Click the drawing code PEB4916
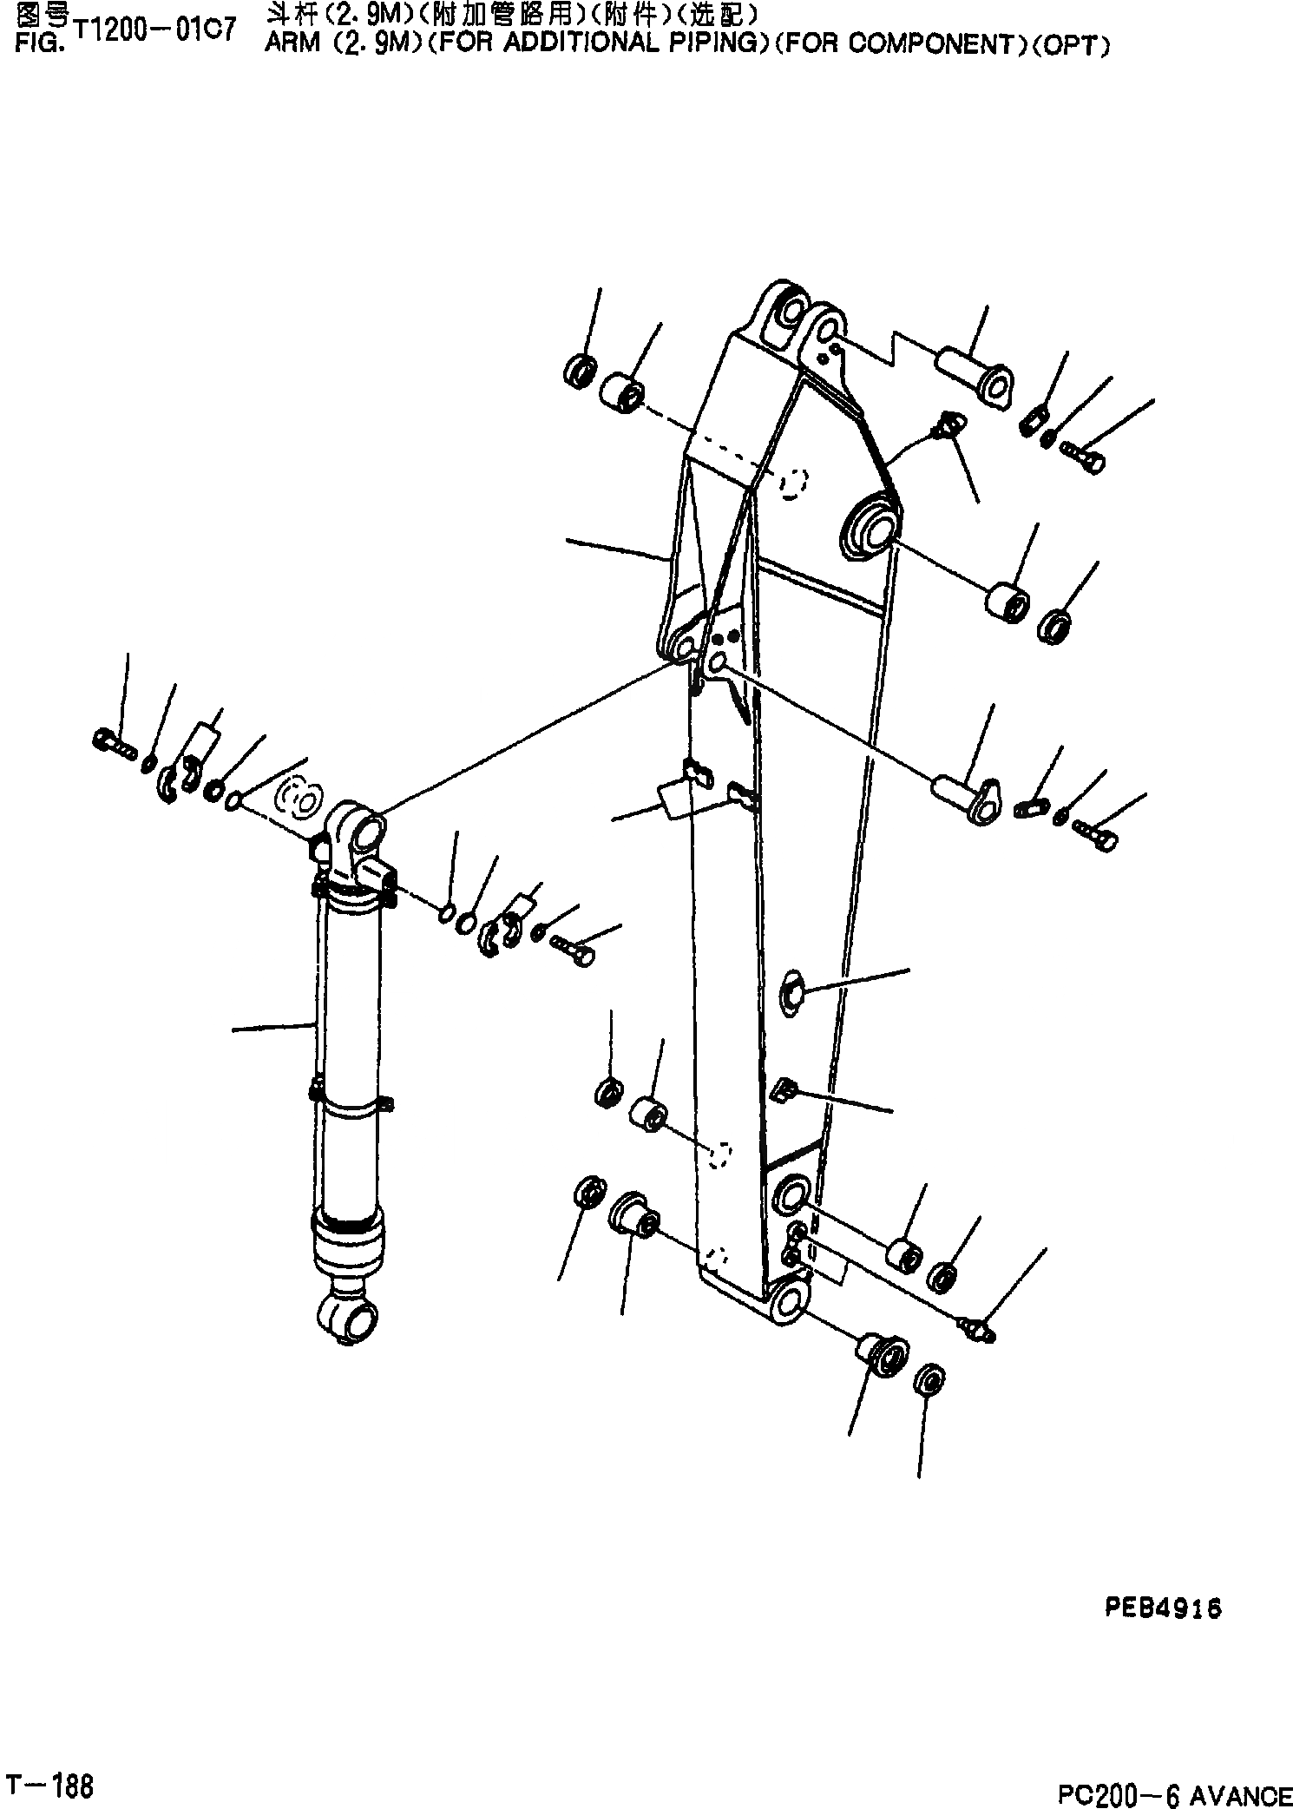click(x=1163, y=1608)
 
